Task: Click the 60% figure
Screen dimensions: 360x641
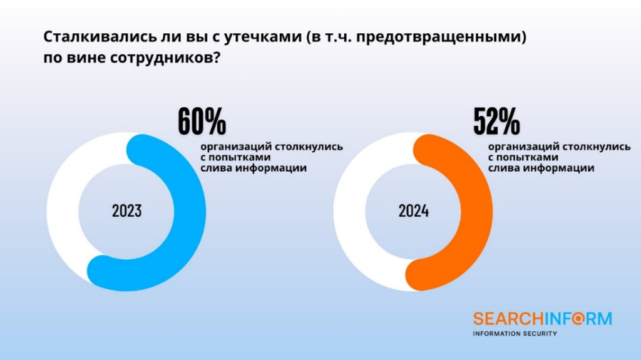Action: (202, 121)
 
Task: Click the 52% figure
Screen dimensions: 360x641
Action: (496, 121)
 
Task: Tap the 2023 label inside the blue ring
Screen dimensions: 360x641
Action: (127, 211)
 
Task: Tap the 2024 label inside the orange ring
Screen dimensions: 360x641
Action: (414, 211)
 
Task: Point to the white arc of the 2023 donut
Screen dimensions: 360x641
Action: (63, 213)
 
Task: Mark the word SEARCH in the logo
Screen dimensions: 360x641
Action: (502, 319)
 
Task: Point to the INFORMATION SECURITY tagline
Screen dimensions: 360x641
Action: (515, 334)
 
